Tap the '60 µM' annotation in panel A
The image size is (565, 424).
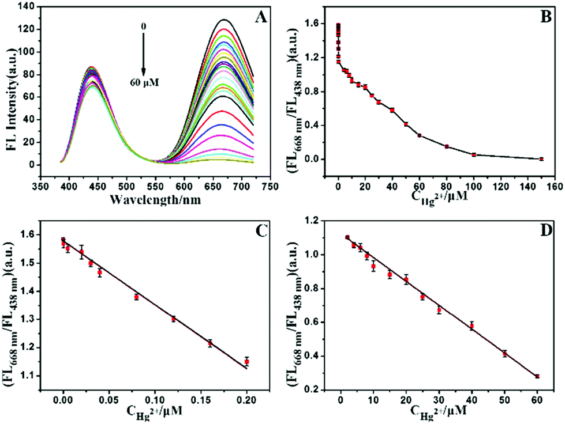tap(144, 82)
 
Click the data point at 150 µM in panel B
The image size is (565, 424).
tap(541, 159)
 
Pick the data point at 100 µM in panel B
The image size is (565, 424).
tap(473, 154)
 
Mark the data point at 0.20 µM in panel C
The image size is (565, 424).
tap(246, 362)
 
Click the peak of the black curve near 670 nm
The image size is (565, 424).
tap(387, 20)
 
